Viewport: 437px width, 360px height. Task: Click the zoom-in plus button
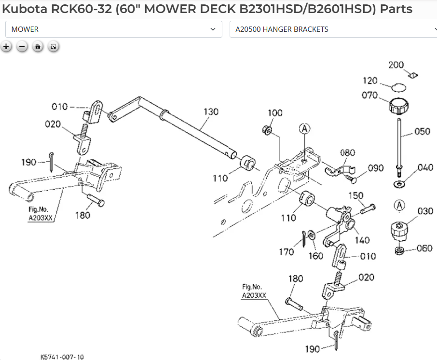tap(6, 47)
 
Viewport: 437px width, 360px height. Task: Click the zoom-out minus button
tap(22, 47)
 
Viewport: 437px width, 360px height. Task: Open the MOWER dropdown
tap(114, 29)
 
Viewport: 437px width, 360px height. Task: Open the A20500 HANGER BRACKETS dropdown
tap(333, 29)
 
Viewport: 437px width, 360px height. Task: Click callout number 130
tap(211, 112)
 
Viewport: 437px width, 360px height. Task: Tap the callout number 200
tap(396, 65)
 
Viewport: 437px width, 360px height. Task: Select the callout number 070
tap(369, 95)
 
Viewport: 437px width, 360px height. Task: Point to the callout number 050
tap(423, 131)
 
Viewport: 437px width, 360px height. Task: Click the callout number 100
tap(275, 113)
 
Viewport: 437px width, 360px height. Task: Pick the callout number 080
tap(347, 153)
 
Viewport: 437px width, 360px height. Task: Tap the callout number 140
tap(362, 239)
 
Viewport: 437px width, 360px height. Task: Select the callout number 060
tap(424, 248)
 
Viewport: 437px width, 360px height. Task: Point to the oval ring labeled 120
tap(398, 87)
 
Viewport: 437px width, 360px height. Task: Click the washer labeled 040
tap(399, 184)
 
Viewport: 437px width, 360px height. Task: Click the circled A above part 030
tap(399, 205)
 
